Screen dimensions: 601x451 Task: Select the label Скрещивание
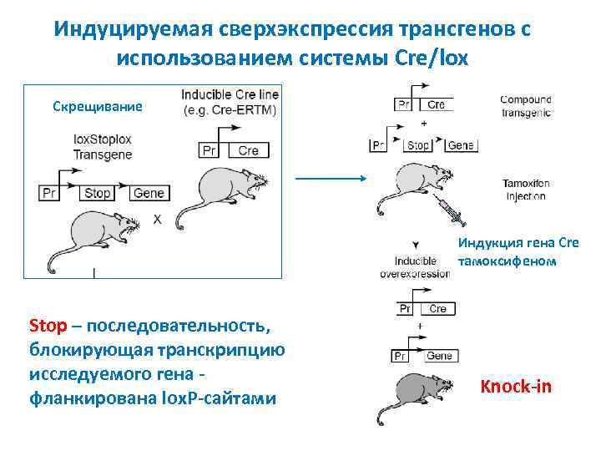(98, 107)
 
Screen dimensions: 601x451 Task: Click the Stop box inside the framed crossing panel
(97, 193)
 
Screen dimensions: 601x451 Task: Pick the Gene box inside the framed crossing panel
(149, 193)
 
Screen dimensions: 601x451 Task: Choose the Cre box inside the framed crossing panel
(248, 150)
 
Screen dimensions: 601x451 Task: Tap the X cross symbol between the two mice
(157, 219)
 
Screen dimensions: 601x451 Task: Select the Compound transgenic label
(525, 106)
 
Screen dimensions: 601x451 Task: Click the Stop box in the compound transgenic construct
(417, 144)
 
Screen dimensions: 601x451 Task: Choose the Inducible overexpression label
(415, 266)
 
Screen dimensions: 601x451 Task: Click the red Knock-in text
(515, 387)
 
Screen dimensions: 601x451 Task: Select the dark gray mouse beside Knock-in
(422, 391)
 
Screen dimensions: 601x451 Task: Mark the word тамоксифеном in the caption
(506, 260)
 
